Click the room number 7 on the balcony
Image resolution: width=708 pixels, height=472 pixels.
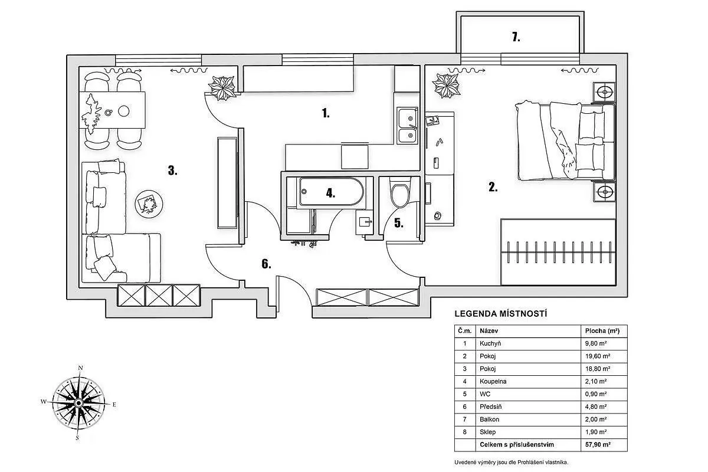[516, 37]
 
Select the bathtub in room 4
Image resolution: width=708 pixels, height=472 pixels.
[331, 192]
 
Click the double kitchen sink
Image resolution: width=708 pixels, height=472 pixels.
[408, 126]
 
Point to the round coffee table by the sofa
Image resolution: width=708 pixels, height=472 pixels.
[149, 204]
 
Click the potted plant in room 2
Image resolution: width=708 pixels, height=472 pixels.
[447, 86]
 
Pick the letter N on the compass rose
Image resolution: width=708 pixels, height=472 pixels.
[80, 368]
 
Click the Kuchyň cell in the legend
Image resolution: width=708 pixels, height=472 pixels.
[490, 343]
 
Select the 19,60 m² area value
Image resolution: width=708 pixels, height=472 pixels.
[597, 356]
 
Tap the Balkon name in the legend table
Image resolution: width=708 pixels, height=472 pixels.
[489, 419]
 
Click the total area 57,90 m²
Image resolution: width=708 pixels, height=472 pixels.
[598, 444]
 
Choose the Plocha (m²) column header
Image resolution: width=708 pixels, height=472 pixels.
[602, 331]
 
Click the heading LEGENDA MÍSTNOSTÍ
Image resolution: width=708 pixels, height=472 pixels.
[501, 314]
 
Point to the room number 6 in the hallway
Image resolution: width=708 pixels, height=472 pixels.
[266, 264]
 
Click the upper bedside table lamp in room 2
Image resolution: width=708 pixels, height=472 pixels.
[604, 92]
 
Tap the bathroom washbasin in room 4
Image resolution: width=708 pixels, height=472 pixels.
[365, 222]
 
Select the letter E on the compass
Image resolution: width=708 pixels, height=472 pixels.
[114, 404]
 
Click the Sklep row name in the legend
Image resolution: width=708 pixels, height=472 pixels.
[487, 432]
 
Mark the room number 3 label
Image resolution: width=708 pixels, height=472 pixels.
[172, 171]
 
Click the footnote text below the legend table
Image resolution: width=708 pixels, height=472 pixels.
[511, 462]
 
